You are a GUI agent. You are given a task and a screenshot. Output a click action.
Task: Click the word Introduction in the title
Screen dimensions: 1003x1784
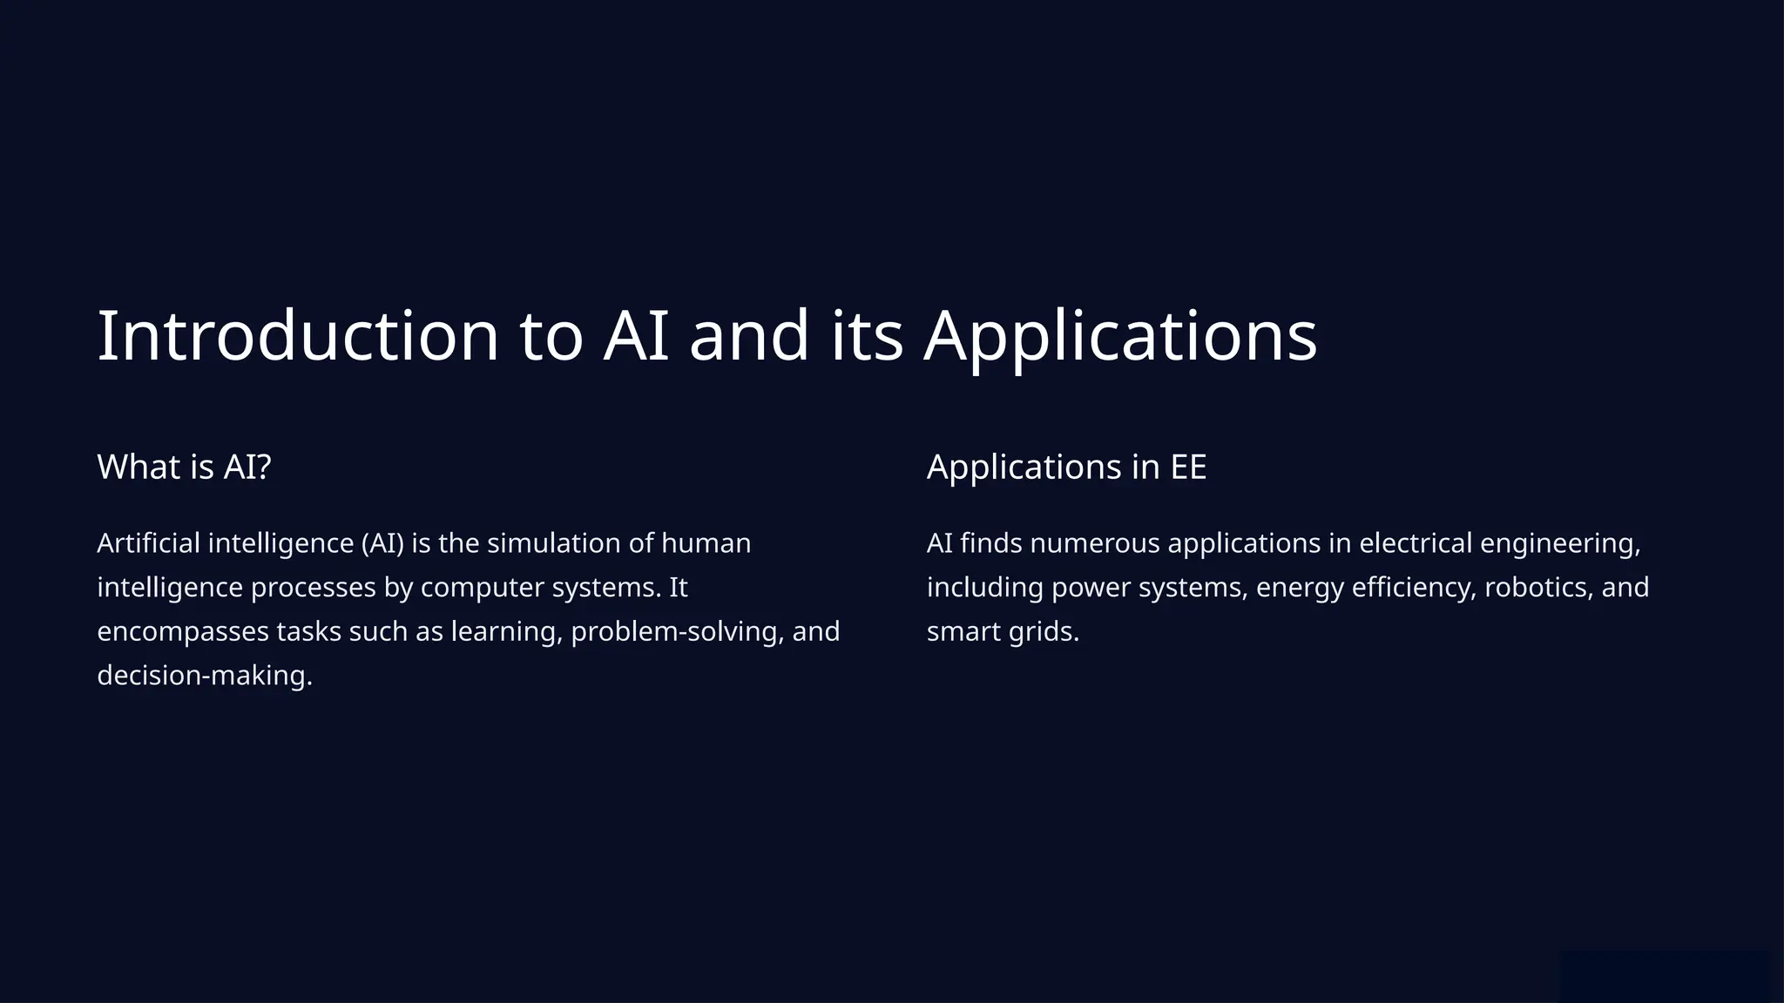(x=298, y=336)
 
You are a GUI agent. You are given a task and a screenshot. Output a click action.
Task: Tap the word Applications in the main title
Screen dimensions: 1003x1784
(x=1120, y=336)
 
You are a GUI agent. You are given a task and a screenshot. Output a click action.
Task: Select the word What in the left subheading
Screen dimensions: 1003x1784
(x=139, y=467)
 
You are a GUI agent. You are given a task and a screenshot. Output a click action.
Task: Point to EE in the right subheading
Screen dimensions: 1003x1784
(x=1188, y=467)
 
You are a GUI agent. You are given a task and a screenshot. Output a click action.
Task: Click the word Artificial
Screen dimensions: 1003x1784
(x=148, y=543)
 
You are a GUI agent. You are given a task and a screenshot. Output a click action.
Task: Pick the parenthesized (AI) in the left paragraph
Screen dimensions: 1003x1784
(x=382, y=543)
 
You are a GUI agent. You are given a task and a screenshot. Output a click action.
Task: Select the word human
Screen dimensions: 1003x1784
(x=706, y=543)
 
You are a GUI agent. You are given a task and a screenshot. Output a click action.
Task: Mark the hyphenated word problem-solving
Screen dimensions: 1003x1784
(x=677, y=631)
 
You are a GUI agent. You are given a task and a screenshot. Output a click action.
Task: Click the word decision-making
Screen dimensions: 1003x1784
(x=204, y=676)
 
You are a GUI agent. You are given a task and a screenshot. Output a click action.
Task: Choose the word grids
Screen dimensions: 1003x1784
(x=1044, y=631)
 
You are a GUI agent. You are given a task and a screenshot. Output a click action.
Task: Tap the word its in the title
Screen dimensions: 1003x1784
(x=867, y=336)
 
